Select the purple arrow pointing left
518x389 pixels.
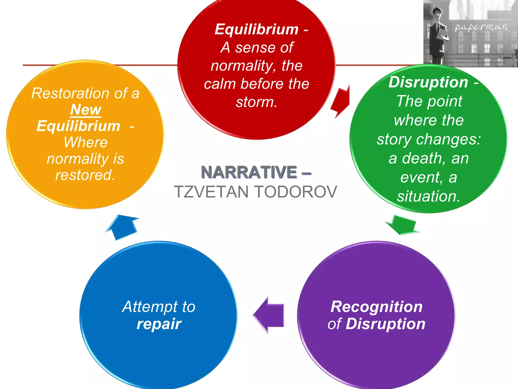[269, 315]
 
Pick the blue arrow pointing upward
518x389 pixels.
[123, 227]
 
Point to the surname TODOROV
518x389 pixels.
[296, 192]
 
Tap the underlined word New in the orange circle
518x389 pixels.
[86, 110]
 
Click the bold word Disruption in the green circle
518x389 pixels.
[428, 82]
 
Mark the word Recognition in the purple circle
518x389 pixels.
[376, 307]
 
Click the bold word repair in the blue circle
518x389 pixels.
[159, 324]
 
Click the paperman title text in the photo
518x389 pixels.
[481, 27]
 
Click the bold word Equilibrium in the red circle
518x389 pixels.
[256, 29]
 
